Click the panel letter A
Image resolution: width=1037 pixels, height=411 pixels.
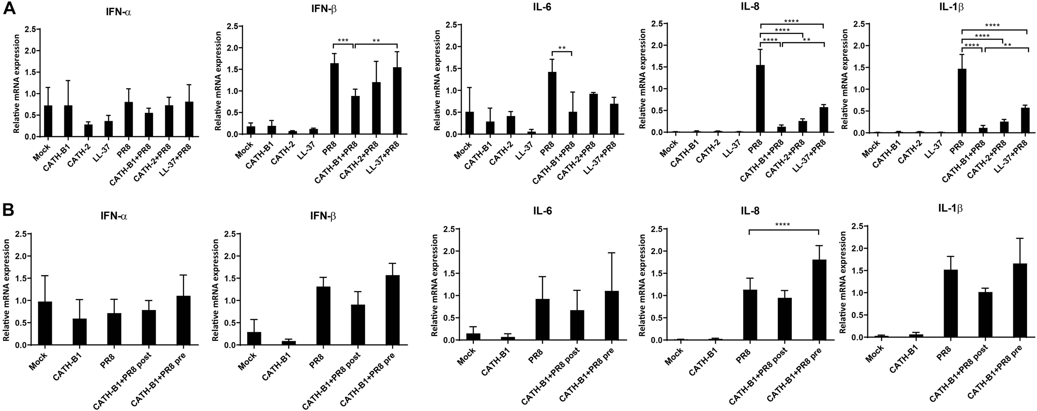pyautogui.click(x=10, y=8)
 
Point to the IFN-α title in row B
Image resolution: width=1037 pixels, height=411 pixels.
pyautogui.click(x=113, y=216)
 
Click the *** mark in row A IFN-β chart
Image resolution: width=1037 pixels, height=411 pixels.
pyautogui.click(x=343, y=41)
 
